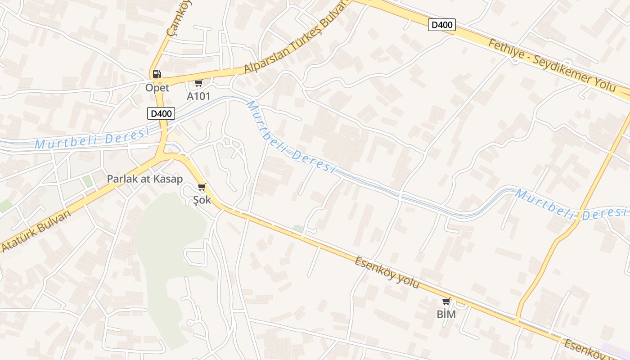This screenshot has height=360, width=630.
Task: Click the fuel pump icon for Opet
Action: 157,74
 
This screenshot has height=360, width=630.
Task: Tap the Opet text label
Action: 157,87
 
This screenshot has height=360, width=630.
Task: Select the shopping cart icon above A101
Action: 198,83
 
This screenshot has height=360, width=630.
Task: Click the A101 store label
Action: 198,96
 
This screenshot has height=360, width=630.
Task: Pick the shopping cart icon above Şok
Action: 202,187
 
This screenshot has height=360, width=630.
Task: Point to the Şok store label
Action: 202,200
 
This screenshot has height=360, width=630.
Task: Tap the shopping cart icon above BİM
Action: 446,301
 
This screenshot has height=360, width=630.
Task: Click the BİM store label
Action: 446,315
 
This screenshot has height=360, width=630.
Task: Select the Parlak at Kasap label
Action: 144,179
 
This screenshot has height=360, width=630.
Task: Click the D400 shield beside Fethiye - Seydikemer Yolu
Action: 441,25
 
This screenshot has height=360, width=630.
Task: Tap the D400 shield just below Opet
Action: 161,113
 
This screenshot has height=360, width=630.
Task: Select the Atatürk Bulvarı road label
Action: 36,231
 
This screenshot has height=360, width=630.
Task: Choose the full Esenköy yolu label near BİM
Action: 387,273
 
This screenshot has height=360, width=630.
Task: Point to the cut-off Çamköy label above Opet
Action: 173,18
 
